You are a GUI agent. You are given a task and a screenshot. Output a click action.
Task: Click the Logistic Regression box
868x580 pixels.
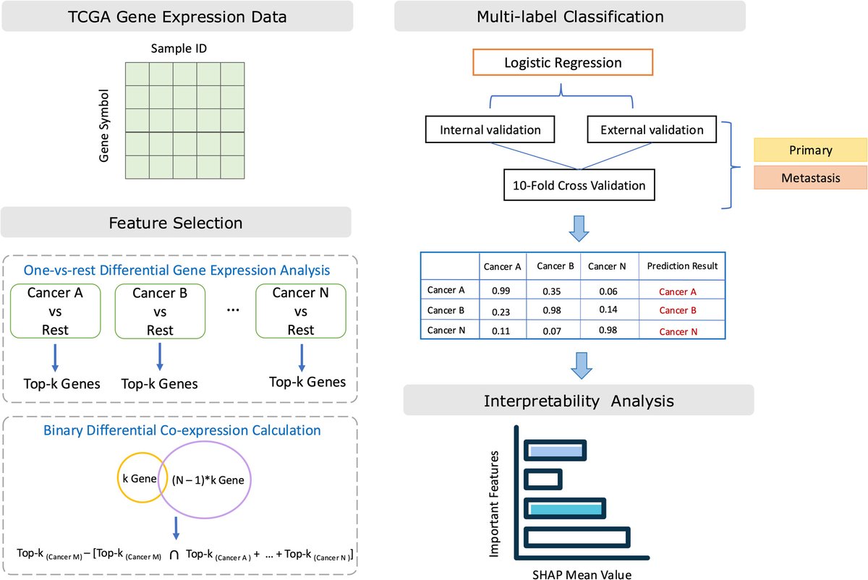coord(563,63)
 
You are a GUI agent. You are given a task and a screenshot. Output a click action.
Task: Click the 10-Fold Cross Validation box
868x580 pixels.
coord(579,186)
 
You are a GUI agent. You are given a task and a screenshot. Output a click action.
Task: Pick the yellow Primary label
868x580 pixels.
coord(811,150)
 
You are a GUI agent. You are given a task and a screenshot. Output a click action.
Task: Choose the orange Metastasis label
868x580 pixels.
coord(811,178)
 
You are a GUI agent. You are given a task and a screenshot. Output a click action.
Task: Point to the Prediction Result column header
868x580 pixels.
coord(682,266)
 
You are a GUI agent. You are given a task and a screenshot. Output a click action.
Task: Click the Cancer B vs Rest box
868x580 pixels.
coord(160,311)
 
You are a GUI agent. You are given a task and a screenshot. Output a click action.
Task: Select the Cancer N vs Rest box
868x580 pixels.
coord(301,311)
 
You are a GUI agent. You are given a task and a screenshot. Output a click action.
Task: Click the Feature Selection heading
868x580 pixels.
coord(176,222)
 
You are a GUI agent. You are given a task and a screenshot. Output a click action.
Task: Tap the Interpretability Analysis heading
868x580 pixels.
coord(578,399)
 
